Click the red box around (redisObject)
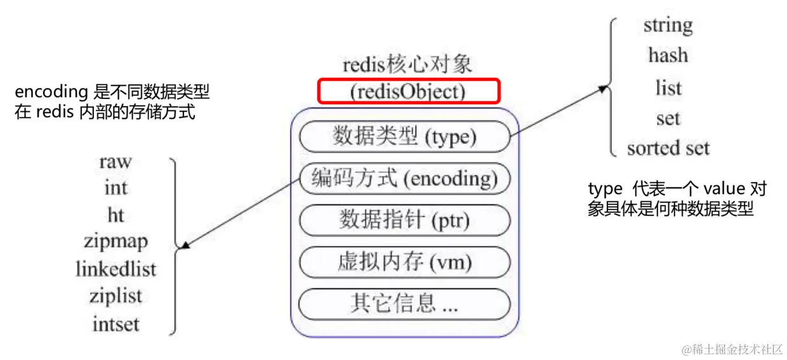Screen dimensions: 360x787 click(x=409, y=91)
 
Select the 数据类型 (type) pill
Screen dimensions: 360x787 click(x=404, y=137)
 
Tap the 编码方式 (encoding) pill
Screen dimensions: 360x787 click(x=404, y=179)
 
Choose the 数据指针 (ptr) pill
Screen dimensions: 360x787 click(x=404, y=220)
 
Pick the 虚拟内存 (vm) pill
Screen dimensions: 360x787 click(x=404, y=262)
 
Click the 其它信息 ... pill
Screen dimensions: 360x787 click(x=404, y=303)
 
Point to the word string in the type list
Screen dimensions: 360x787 click(x=668, y=26)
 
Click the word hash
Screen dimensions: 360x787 click(x=668, y=55)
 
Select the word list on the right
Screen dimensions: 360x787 click(x=668, y=88)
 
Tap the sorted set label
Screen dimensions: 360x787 click(x=668, y=149)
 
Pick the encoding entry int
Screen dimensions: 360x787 click(x=116, y=188)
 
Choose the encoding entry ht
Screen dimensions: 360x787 click(x=116, y=215)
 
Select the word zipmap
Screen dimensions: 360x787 click(x=116, y=242)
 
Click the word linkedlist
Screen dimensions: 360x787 click(x=116, y=269)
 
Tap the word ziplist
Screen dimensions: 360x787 click(x=116, y=296)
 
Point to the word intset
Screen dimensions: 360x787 click(x=116, y=324)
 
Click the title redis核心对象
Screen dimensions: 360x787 click(x=407, y=65)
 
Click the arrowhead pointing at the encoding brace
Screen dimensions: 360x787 click(x=184, y=246)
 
